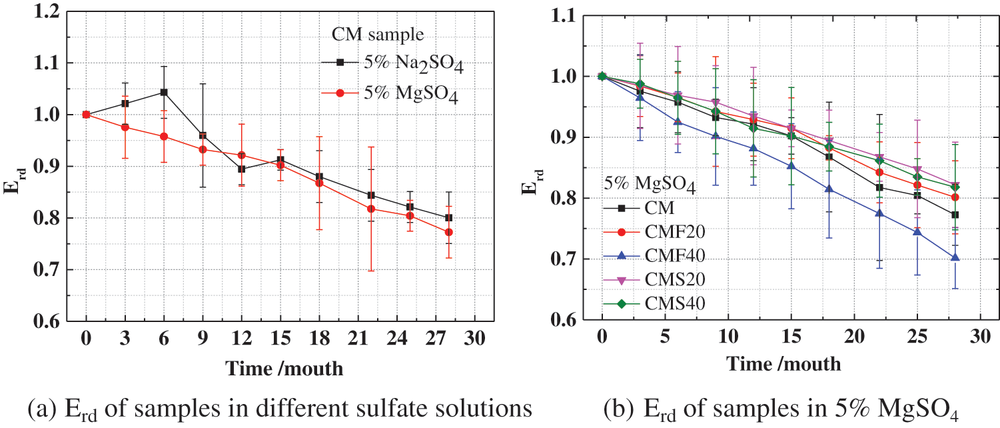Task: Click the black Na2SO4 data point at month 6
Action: point(164,92)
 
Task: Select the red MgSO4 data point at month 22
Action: point(371,209)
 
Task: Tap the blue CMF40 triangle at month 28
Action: point(955,257)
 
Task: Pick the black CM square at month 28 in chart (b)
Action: point(955,215)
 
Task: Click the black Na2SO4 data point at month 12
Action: point(242,169)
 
